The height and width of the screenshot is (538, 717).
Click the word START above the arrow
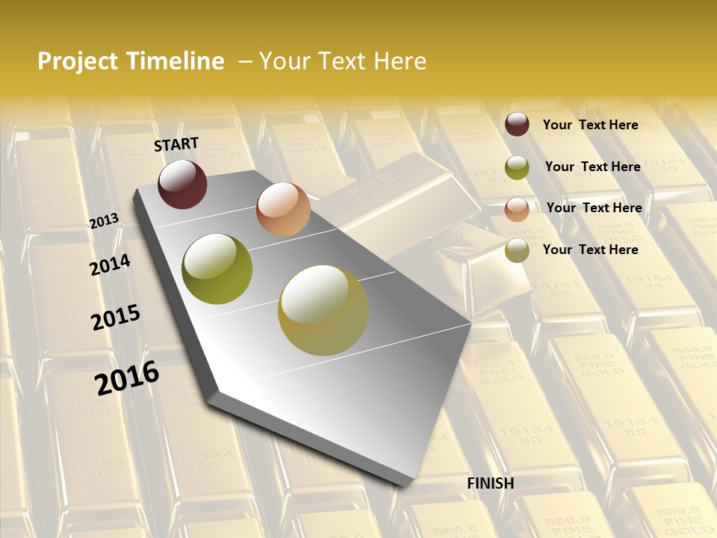176,144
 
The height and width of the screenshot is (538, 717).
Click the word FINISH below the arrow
491,483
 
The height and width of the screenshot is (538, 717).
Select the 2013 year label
105,221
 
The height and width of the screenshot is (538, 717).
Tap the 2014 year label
110,265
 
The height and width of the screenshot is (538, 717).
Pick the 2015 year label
116,318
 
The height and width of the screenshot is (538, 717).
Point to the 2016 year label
127,377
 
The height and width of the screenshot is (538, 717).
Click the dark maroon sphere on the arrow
182,184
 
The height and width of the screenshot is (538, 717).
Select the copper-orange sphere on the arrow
283,209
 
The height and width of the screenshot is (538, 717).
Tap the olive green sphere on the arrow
217,269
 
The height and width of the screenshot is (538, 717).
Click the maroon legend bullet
517,125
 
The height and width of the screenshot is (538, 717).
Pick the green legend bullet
517,167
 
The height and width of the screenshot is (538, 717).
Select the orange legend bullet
517,208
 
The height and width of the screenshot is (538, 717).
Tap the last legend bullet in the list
517,250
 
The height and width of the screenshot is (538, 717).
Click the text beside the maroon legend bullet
590,125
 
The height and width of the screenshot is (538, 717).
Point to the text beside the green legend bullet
592,167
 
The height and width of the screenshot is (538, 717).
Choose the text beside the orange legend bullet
594,208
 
